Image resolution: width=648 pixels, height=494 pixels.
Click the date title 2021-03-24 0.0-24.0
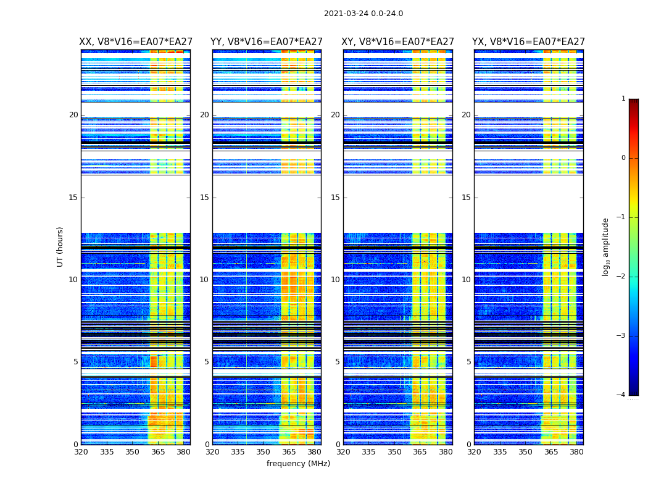pyautogui.click(x=363, y=14)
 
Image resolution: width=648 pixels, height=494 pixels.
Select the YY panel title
pyautogui.click(x=267, y=42)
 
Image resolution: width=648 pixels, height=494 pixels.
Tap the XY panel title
pyautogui.click(x=398, y=42)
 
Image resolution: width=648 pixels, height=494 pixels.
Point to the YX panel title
pyautogui.click(x=528, y=42)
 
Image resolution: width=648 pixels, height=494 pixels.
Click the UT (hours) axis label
pyautogui.click(x=60, y=246)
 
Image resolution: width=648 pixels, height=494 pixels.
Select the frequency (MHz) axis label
pyautogui.click(x=298, y=464)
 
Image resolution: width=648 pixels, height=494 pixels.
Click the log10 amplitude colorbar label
pyautogui.click(x=606, y=246)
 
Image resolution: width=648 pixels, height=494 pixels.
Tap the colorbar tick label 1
pyautogui.click(x=623, y=99)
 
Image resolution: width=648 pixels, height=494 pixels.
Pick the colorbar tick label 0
pyautogui.click(x=623, y=158)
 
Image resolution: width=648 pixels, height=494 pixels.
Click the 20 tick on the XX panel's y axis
pyautogui.click(x=73, y=115)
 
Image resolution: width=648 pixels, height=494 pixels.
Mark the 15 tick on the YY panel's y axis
pyautogui.click(x=204, y=198)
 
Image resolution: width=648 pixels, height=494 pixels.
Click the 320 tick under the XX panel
pyautogui.click(x=81, y=451)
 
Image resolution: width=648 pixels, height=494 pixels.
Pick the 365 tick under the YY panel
pyautogui.click(x=289, y=451)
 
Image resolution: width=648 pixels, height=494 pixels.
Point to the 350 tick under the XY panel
pyautogui.click(x=394, y=451)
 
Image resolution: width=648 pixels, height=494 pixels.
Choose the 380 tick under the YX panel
pyautogui.click(x=576, y=451)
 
